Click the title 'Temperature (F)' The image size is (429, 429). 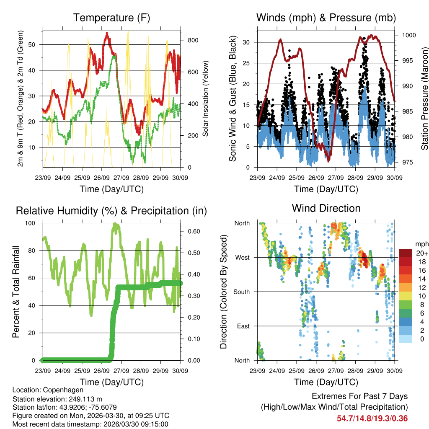111,18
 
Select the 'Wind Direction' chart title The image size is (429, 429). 326,208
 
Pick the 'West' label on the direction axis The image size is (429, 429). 242,257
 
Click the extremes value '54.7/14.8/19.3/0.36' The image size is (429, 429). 372,418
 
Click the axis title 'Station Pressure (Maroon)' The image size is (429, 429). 424,98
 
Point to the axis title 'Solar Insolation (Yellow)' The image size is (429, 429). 205,98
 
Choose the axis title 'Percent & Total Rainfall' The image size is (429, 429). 16,292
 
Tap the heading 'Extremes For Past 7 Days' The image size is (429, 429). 359,396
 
